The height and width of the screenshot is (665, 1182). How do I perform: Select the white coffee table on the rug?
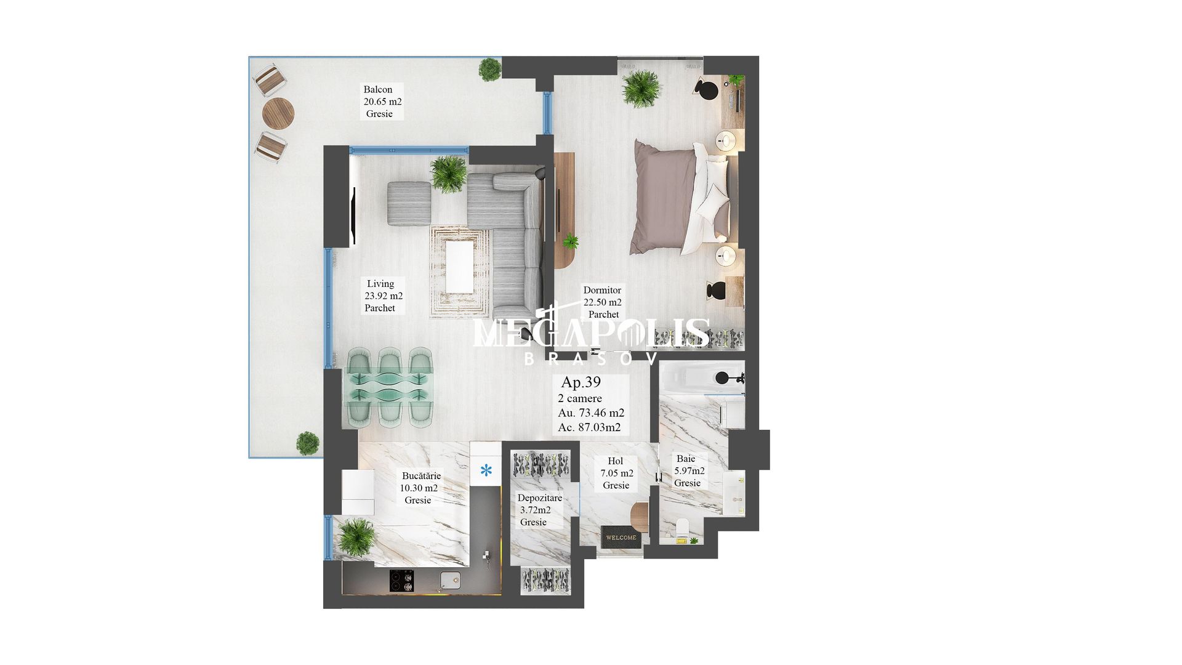point(459,267)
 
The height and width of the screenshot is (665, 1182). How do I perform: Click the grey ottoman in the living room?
point(409,203)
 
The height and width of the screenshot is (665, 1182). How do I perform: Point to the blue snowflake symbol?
point(486,471)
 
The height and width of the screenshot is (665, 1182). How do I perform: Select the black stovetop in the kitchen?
point(402,581)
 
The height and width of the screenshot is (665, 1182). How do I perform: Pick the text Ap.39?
point(581,382)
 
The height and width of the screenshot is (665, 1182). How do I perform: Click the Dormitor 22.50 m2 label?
point(602,302)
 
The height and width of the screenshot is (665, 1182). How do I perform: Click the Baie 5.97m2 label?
point(689,471)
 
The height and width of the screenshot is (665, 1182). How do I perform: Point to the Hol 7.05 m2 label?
point(616,474)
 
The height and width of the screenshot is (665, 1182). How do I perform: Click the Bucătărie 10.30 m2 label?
point(420,488)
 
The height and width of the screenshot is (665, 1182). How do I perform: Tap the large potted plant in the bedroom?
point(641,89)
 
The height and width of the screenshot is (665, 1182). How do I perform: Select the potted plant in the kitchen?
point(356,537)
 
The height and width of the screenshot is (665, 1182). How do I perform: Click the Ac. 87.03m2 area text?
point(589,427)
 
